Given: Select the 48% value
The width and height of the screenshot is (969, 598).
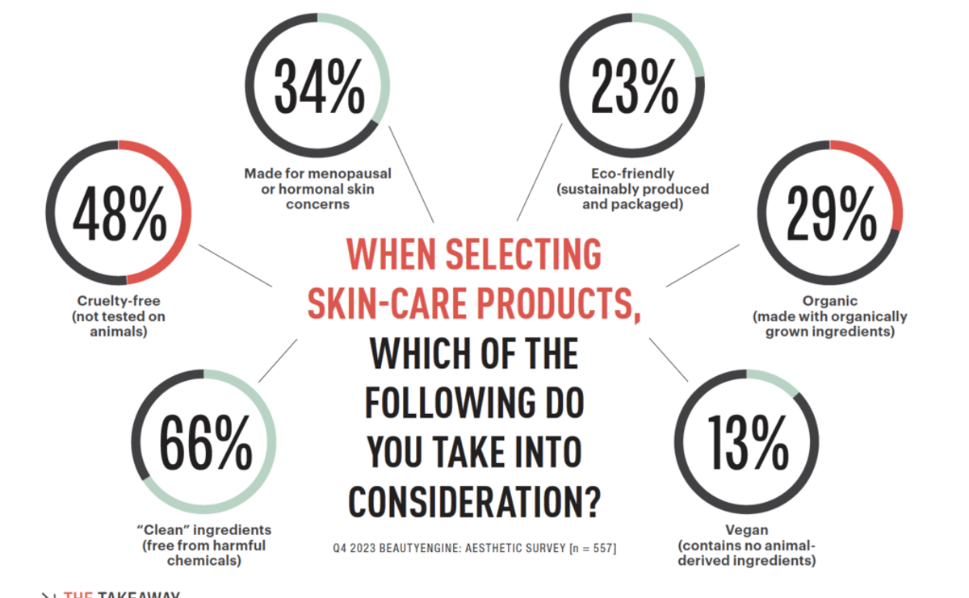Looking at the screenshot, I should [x=119, y=214].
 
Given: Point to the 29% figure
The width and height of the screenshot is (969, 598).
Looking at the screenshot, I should [x=831, y=214].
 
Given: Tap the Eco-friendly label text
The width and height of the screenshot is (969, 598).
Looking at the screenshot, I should [x=632, y=174].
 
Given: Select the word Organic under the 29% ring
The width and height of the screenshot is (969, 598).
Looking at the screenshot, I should [x=829, y=302].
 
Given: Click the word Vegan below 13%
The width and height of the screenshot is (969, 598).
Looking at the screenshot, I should [x=746, y=530].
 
